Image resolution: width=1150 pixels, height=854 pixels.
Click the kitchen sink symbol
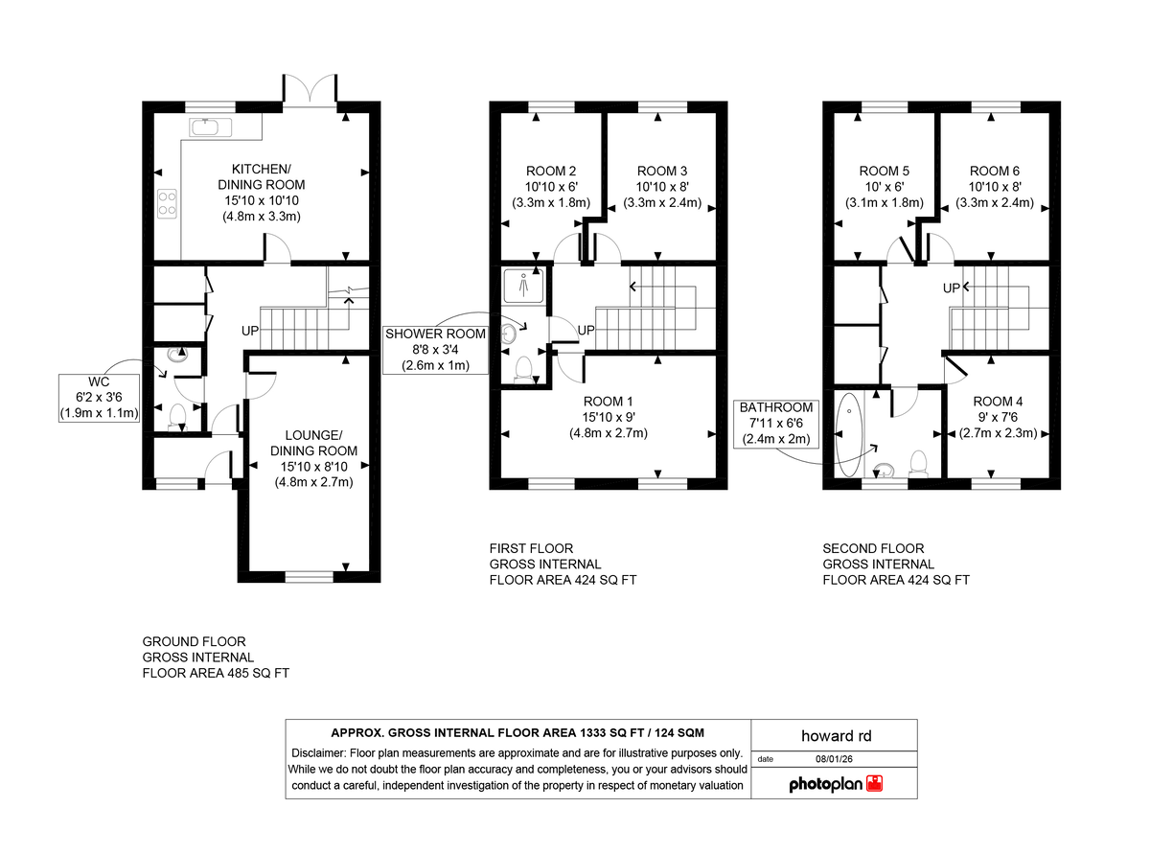coord(206,127)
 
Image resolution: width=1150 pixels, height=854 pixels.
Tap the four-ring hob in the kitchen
coord(167,202)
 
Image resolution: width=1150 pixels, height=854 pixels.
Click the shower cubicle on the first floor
coord(523,285)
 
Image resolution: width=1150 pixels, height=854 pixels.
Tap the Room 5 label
coord(884,171)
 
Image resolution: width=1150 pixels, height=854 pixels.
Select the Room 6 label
coord(995,171)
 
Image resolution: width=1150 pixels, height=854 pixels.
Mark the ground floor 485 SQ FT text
coord(216,673)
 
